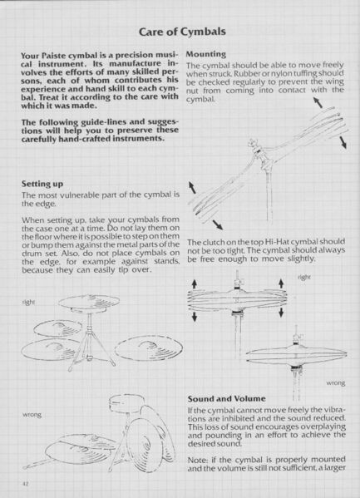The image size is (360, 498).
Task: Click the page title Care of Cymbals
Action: (180, 32)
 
